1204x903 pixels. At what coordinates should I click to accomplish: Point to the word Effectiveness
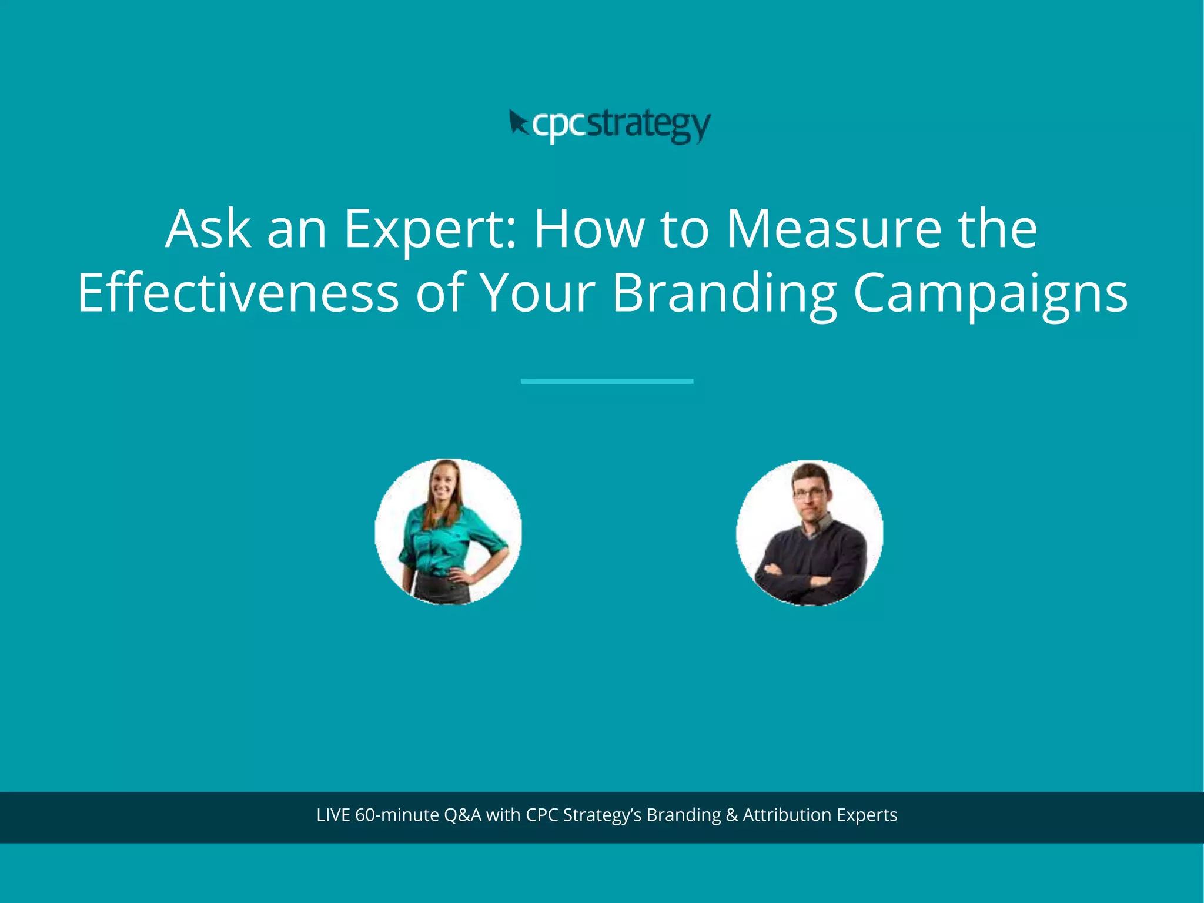(238, 292)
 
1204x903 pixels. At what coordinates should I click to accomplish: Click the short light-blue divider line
(607, 382)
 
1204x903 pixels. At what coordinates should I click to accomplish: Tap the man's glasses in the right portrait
(809, 494)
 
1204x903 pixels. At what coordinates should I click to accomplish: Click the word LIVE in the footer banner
(333, 815)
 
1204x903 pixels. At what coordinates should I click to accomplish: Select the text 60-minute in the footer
(397, 815)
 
